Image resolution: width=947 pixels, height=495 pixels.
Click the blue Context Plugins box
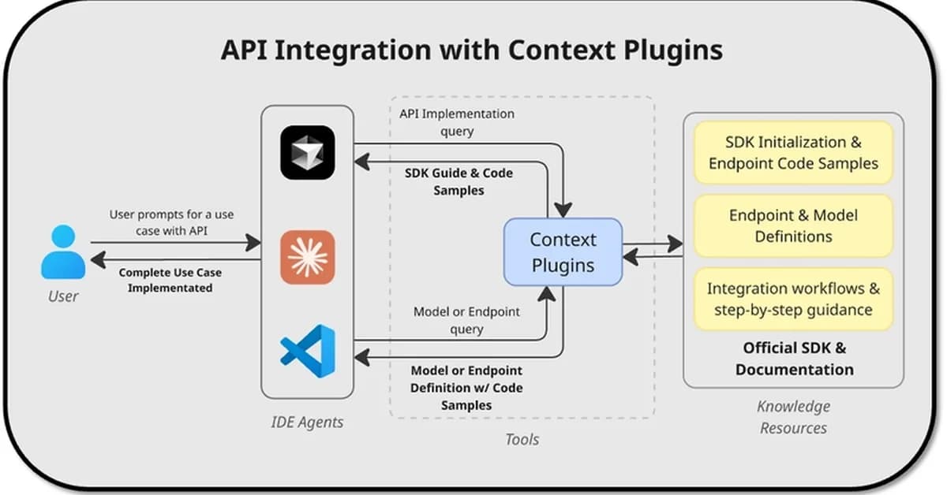[x=563, y=252]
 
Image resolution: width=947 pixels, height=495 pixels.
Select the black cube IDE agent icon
[x=308, y=153]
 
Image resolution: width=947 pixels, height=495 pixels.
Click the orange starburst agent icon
[x=308, y=257]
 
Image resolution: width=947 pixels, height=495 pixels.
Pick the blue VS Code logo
[x=308, y=351]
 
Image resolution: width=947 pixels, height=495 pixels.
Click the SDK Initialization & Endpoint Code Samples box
[x=793, y=153]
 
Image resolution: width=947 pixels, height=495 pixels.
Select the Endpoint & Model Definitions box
[x=793, y=225]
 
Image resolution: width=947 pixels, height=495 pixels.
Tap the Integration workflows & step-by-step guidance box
[x=793, y=299]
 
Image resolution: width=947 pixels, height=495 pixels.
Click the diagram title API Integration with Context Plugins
[x=471, y=50]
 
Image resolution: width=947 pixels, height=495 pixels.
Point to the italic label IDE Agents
[x=307, y=422]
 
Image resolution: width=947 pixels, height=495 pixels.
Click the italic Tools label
[x=522, y=439]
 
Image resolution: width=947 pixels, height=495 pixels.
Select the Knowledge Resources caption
[x=793, y=417]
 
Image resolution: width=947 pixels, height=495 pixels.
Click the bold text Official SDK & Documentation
[x=794, y=359]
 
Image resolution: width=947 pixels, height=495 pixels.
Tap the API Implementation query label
[x=456, y=122]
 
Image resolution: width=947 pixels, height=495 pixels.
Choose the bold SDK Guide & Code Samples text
[x=459, y=181]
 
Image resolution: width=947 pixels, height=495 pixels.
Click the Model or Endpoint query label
[x=466, y=320]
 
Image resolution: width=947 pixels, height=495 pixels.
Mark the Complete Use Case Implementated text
[x=170, y=280]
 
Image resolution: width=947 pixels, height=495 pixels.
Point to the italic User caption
[x=63, y=296]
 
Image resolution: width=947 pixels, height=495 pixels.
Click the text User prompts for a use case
[x=171, y=221]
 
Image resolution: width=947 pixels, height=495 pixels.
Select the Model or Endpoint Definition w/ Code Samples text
[x=466, y=387]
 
